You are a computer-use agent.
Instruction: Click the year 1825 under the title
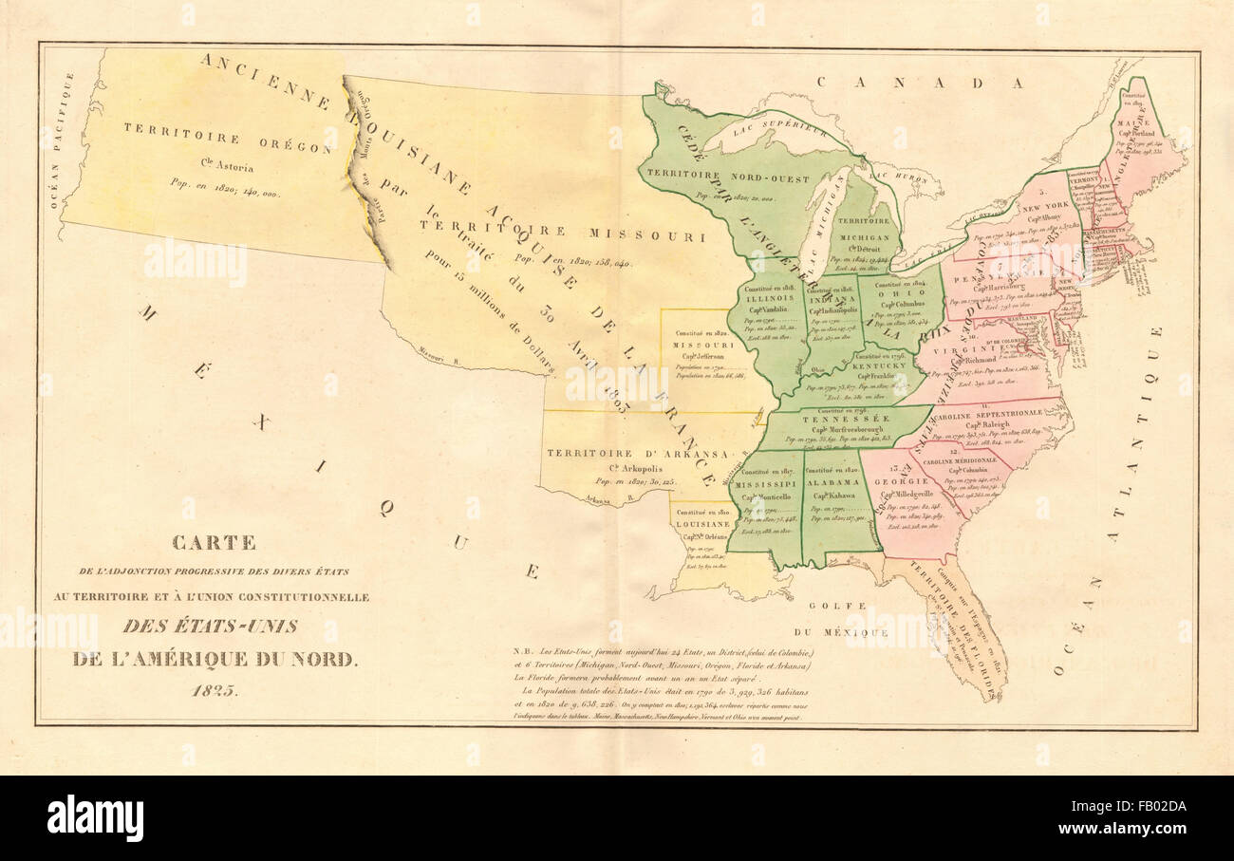coord(215,690)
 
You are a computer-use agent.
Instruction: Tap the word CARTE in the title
coord(214,543)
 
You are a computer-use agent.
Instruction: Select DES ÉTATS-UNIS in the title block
coord(210,626)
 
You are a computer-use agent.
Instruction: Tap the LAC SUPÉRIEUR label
coord(770,130)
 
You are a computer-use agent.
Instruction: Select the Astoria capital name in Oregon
coord(227,168)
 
